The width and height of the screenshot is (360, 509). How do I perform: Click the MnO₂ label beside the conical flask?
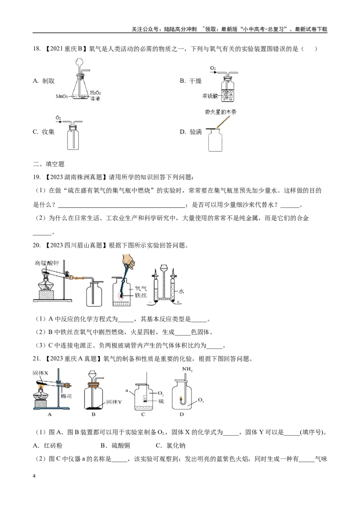[x=61, y=96]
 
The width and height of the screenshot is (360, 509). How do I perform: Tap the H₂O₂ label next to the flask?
[x=95, y=93]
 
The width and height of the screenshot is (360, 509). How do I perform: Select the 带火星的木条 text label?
[x=220, y=112]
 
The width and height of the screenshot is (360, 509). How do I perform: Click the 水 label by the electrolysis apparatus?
[x=181, y=291]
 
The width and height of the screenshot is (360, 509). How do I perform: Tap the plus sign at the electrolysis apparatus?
[x=178, y=302]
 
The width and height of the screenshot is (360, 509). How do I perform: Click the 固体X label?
[x=40, y=373]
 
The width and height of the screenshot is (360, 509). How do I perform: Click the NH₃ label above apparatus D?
[x=187, y=369]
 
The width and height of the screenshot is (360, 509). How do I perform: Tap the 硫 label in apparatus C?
[x=161, y=401]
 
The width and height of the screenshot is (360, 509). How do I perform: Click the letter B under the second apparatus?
[x=93, y=414]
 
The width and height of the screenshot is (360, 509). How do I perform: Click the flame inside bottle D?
[x=182, y=398]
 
